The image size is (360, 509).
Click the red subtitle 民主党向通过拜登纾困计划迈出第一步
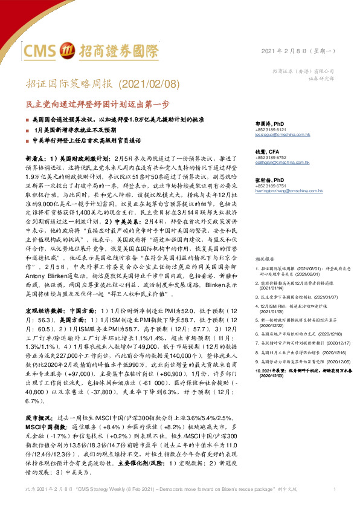[x=90, y=103]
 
